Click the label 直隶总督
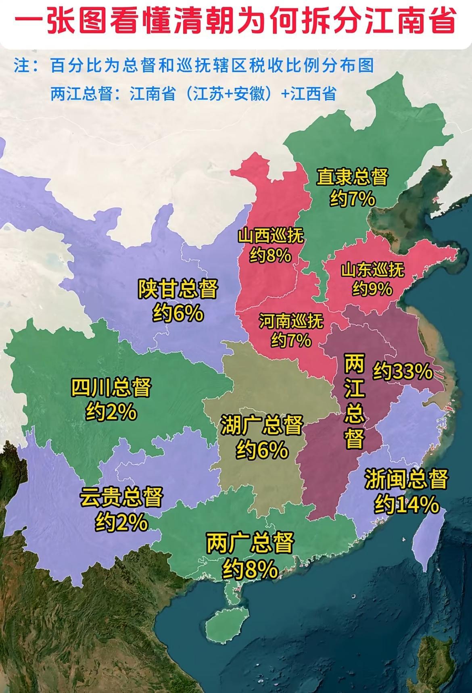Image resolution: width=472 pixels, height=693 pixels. tap(352, 177)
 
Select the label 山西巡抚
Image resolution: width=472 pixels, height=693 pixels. tap(270, 236)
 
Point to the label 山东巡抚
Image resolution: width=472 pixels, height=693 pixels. tap(372, 270)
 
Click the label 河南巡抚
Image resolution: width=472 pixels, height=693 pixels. tap(291, 321)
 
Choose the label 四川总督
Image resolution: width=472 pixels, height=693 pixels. tap(111, 387)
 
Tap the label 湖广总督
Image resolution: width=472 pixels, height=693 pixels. tap(262, 425)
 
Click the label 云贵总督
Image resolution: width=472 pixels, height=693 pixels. tap(121, 497)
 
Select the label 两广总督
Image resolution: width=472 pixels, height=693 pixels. tap(250, 543)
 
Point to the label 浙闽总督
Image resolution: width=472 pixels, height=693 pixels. tap(406, 479)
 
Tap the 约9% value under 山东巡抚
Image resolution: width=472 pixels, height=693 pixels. tap(372, 288)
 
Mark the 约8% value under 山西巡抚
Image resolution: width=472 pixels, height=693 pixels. tap(270, 255)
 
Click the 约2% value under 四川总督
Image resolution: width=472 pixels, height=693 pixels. tap(111, 412)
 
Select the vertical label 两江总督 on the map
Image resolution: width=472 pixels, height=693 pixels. tap(355, 402)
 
